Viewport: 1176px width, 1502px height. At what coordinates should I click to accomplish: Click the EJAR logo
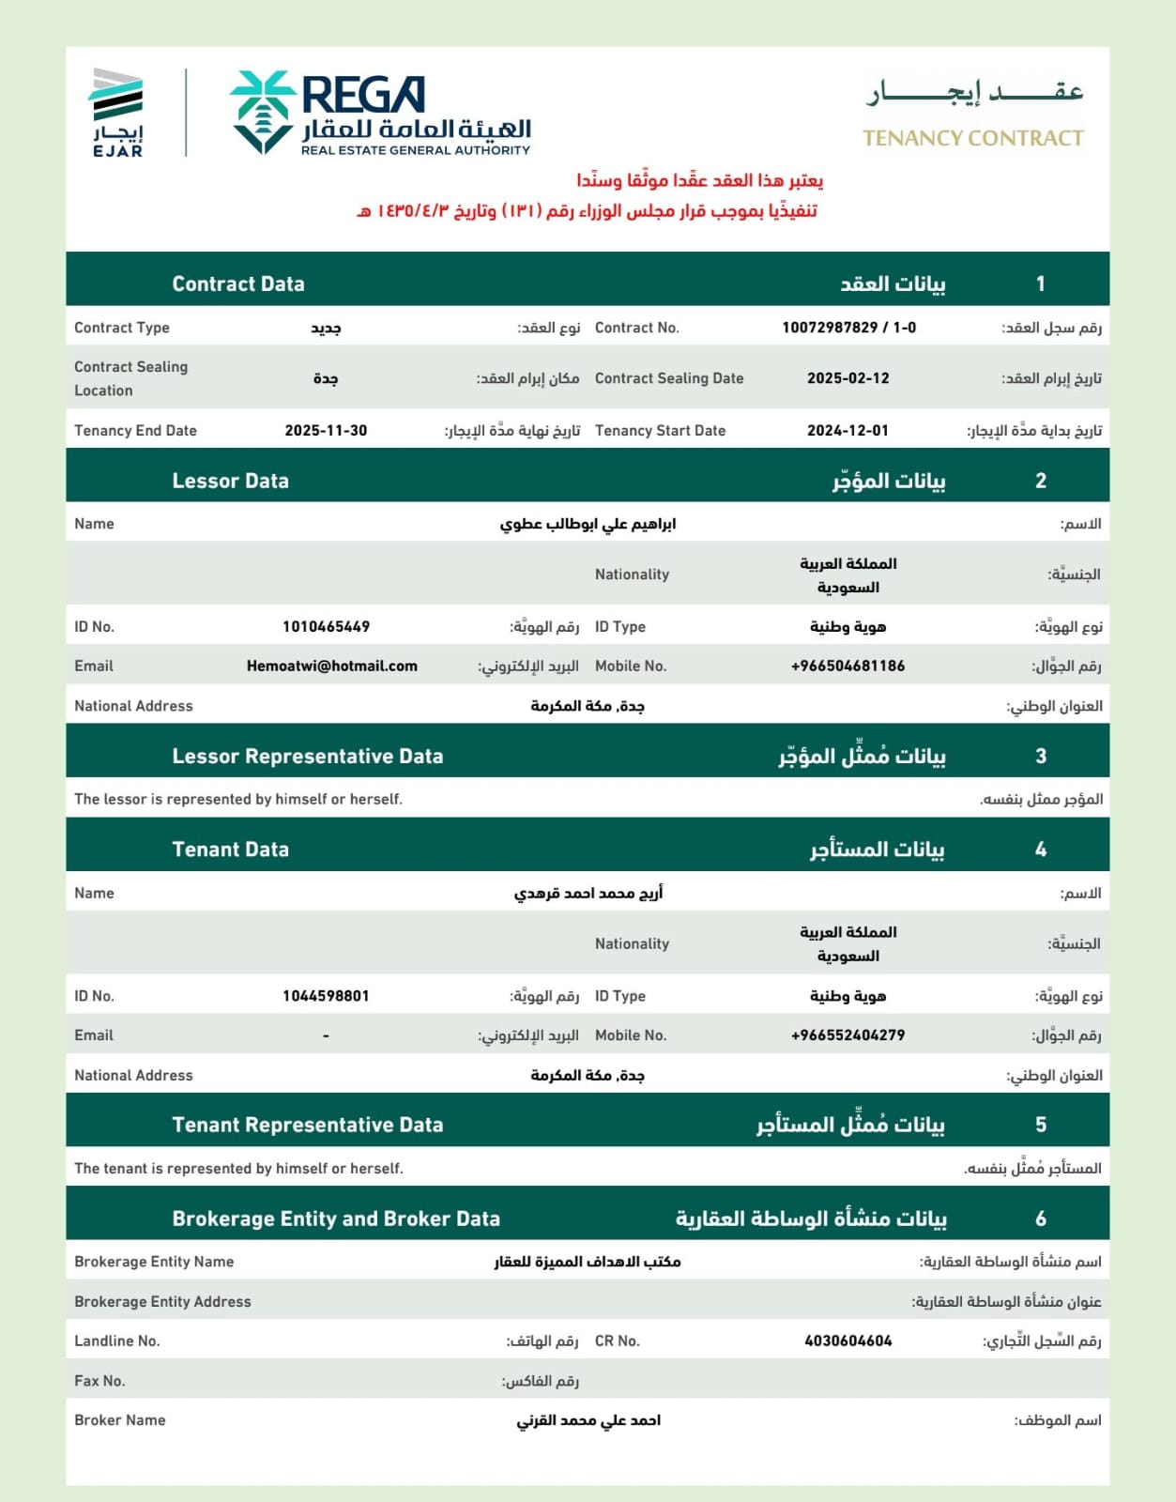[117, 112]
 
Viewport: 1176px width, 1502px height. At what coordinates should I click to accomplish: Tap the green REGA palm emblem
[263, 112]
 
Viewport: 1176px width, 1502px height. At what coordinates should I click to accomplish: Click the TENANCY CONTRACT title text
[972, 139]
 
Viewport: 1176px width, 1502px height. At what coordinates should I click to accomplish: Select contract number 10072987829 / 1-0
[848, 328]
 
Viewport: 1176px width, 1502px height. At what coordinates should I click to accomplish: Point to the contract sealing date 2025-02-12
[848, 378]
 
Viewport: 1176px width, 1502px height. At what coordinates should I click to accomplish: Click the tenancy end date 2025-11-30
[326, 431]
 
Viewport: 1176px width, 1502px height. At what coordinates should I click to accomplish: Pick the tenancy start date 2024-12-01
[848, 431]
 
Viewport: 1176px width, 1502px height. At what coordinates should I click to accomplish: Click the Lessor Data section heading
[230, 481]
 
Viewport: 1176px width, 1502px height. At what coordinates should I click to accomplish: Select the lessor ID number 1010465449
[326, 626]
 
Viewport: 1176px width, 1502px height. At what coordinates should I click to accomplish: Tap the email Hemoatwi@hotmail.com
[331, 666]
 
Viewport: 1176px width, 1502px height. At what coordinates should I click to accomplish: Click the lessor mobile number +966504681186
[848, 666]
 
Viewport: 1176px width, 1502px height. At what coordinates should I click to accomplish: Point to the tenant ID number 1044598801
[326, 996]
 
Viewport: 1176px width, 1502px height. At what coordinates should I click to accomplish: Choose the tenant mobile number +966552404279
[848, 1035]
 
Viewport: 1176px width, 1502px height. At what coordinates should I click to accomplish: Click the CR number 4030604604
[848, 1341]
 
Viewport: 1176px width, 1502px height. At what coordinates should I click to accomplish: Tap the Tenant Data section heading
[230, 850]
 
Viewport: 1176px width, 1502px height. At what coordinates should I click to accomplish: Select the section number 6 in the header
[1040, 1218]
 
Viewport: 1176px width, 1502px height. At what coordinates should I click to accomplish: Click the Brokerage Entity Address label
[162, 1302]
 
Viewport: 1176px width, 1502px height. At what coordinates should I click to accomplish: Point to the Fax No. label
[99, 1381]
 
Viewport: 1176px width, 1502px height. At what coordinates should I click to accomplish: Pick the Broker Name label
[120, 1420]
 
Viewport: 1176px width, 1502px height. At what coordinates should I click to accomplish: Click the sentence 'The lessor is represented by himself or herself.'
[238, 799]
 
